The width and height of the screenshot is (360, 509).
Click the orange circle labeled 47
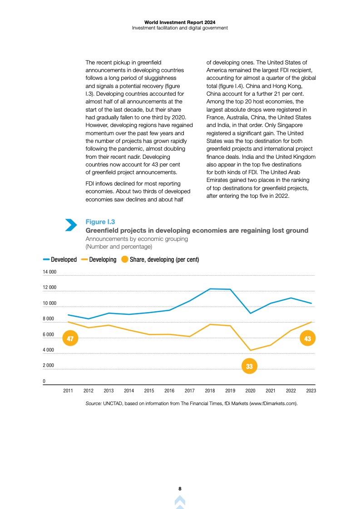pyautogui.click(x=70, y=338)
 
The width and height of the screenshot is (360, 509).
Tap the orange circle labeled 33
pyautogui.click(x=249, y=366)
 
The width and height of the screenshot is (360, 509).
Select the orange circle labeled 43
pyautogui.click(x=307, y=338)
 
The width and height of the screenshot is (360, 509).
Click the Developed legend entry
pyautogui.click(x=60, y=260)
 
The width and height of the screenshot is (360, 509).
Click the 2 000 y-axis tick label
pyautogui.click(x=49, y=365)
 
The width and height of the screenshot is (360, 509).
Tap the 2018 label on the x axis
pyautogui.click(x=210, y=391)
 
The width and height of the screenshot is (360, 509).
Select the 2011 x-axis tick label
pyautogui.click(x=68, y=391)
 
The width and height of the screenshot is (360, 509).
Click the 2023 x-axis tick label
pyautogui.click(x=311, y=391)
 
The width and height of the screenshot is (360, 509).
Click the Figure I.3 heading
pyautogui.click(x=100, y=222)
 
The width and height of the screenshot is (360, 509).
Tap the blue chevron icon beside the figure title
pyautogui.click(x=71, y=225)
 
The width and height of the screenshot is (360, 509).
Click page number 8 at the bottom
pyautogui.click(x=180, y=489)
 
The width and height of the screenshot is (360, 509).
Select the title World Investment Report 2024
pyautogui.click(x=180, y=22)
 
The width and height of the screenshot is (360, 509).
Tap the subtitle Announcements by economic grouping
pyautogui.click(x=137, y=239)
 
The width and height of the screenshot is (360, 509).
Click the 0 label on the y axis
pyautogui.click(x=44, y=381)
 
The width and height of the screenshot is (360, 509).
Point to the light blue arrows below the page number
pyautogui.click(x=180, y=502)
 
